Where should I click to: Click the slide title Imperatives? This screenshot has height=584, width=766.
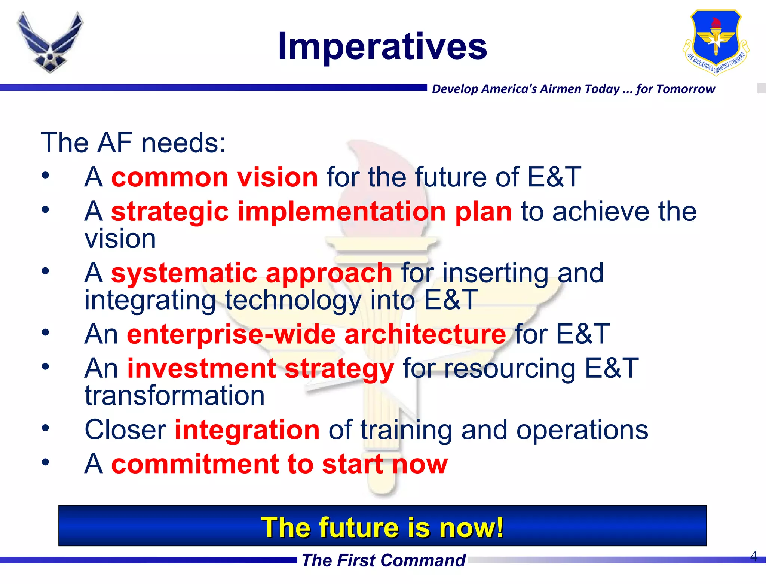(x=382, y=46)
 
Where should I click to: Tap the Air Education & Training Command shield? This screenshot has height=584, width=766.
(x=716, y=42)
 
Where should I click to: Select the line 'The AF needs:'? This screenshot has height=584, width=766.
(x=133, y=143)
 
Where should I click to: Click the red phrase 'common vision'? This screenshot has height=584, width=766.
(x=215, y=177)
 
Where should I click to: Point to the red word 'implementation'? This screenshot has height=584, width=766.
(x=341, y=212)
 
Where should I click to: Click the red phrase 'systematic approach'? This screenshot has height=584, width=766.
(x=251, y=273)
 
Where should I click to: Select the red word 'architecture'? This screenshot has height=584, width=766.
(x=425, y=334)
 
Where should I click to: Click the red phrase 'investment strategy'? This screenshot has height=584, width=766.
(x=260, y=368)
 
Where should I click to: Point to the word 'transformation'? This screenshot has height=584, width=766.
(x=175, y=396)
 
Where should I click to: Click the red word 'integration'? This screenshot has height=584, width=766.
(x=247, y=430)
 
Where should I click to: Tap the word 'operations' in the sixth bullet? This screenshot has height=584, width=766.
(x=582, y=430)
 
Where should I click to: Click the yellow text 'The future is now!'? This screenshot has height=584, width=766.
(x=382, y=527)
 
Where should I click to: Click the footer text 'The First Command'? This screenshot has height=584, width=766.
(x=383, y=560)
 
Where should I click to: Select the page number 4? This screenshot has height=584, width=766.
(x=754, y=556)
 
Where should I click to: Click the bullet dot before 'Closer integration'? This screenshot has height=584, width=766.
(x=45, y=428)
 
